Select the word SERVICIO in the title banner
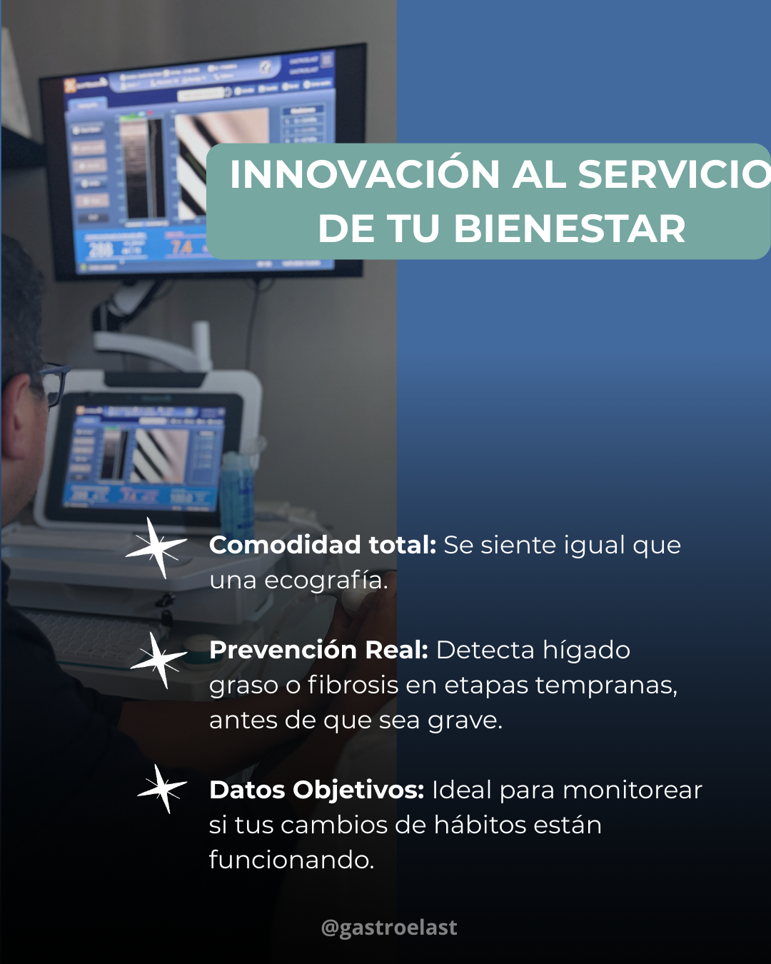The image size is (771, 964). click(x=674, y=175)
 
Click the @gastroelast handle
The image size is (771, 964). click(x=389, y=928)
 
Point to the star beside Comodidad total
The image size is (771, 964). click(x=156, y=548)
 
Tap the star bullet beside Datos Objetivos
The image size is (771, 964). click(x=163, y=789)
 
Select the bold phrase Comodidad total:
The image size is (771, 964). click(x=323, y=546)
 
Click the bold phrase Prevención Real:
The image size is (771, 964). click(x=318, y=651)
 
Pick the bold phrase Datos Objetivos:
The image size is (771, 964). click(x=316, y=790)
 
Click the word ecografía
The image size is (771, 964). click(x=326, y=581)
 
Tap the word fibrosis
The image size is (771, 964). click(x=353, y=686)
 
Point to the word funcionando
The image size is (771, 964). click(x=291, y=860)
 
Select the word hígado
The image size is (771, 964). click(x=586, y=651)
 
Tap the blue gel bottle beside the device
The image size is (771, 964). click(x=237, y=493)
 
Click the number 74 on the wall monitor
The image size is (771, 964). click(x=181, y=248)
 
